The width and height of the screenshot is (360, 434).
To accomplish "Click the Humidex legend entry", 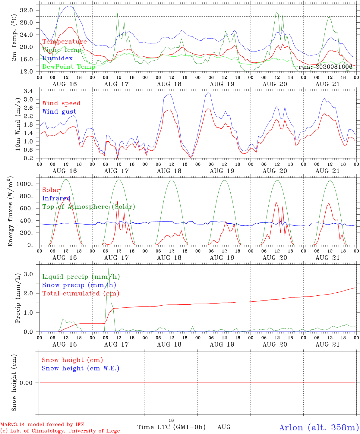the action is [57, 58].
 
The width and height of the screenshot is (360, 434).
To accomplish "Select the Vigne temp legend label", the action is [62, 50].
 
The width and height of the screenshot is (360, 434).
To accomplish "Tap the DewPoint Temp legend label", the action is [69, 67].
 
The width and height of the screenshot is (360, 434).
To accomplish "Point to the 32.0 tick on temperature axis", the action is [27, 10].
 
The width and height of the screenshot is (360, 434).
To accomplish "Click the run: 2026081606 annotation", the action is [325, 67].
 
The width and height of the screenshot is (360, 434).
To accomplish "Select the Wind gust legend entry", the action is [59, 112].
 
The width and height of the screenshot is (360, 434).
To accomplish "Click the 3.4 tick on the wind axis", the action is [28, 91].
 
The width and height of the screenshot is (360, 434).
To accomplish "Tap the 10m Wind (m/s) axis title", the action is [18, 124].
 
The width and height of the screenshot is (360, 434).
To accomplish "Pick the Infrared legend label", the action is [56, 198].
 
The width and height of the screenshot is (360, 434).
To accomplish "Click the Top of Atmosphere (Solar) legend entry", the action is [89, 207].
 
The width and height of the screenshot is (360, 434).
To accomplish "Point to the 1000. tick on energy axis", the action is [25, 184].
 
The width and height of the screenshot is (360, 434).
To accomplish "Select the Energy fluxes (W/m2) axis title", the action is [10, 211].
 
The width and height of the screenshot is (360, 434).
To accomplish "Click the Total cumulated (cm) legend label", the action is [81, 294].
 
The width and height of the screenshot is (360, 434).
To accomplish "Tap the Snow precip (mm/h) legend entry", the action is [79, 285].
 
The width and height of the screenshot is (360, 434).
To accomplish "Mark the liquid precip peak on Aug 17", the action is [109, 268].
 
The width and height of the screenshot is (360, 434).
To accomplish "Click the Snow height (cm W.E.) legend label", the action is [81, 368].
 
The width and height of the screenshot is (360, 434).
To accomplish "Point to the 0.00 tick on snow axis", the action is [26, 383].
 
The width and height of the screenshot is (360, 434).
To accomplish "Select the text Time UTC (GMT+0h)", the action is [172, 427].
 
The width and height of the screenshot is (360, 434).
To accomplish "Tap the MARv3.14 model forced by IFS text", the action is [42, 424].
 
